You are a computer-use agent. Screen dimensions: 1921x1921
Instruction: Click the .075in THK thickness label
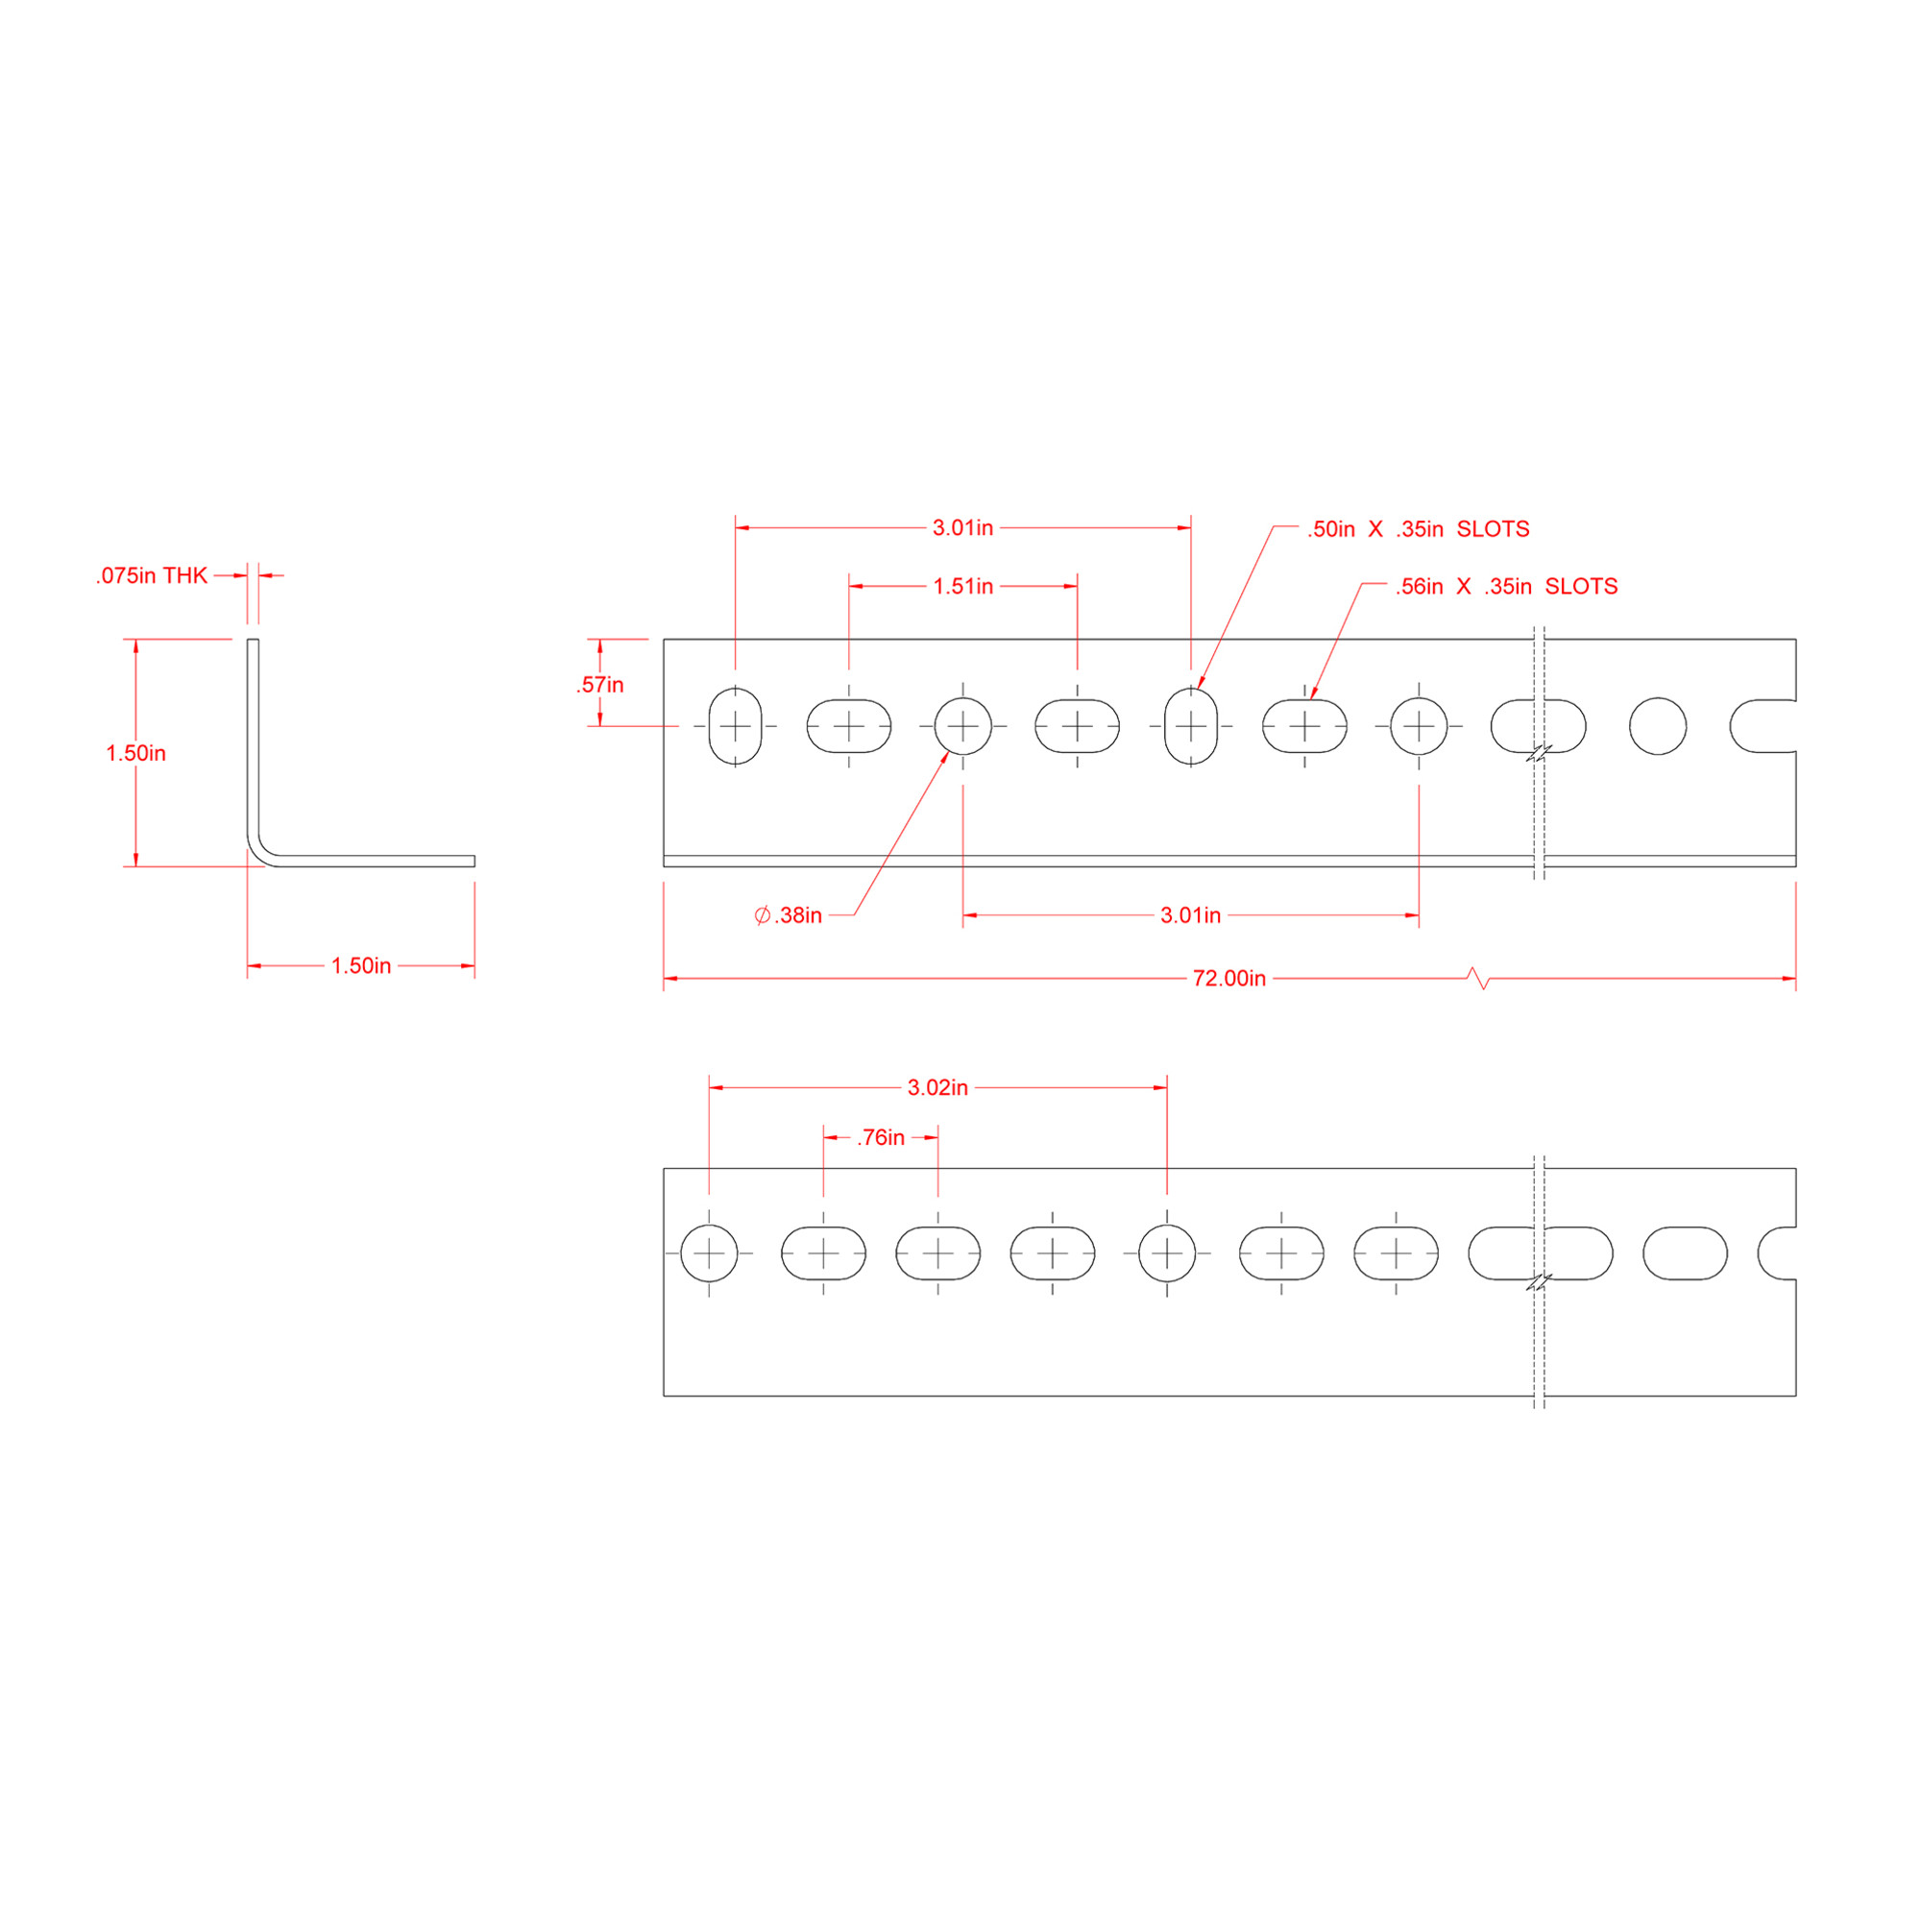(151, 575)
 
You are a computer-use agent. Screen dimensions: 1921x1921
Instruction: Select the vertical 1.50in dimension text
(135, 753)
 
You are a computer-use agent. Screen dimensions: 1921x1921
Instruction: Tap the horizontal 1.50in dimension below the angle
(361, 965)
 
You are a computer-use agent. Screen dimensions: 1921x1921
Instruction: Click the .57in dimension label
(599, 685)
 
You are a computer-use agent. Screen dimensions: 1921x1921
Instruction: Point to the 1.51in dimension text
(962, 587)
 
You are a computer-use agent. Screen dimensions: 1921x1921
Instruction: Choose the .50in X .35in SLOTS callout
(1418, 529)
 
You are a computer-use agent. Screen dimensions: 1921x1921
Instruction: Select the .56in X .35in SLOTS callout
(1505, 587)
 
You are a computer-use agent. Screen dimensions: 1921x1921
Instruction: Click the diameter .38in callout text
(789, 915)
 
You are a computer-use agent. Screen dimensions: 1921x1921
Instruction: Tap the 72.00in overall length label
(1229, 979)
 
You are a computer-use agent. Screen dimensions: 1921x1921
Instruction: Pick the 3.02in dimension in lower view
(936, 1088)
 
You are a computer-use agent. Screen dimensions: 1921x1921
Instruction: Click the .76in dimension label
(881, 1137)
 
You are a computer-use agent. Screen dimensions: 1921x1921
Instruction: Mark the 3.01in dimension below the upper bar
(1190, 915)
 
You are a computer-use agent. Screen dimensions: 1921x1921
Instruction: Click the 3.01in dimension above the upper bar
(962, 529)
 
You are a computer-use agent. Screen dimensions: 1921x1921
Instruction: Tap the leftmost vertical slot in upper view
(735, 726)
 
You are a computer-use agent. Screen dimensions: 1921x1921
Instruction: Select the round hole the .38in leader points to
(962, 726)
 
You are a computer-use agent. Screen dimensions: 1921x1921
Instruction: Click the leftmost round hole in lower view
(709, 1252)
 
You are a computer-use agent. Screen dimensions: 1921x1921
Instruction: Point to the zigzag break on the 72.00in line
(1478, 979)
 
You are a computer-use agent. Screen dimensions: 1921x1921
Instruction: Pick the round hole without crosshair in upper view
(1658, 726)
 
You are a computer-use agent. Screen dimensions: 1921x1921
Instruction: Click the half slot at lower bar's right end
(1778, 1252)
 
